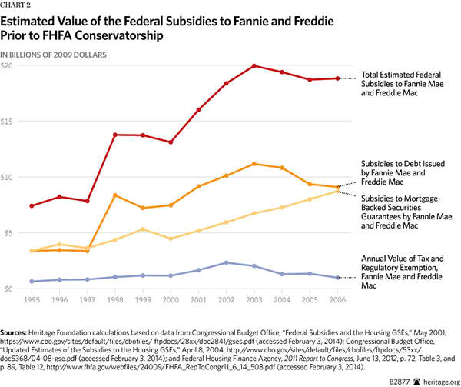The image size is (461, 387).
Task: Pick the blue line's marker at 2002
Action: (x=226, y=262)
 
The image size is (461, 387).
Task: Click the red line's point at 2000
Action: (x=170, y=142)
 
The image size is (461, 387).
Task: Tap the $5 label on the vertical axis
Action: (x=8, y=233)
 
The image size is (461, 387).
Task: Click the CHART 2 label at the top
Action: (x=16, y=6)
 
